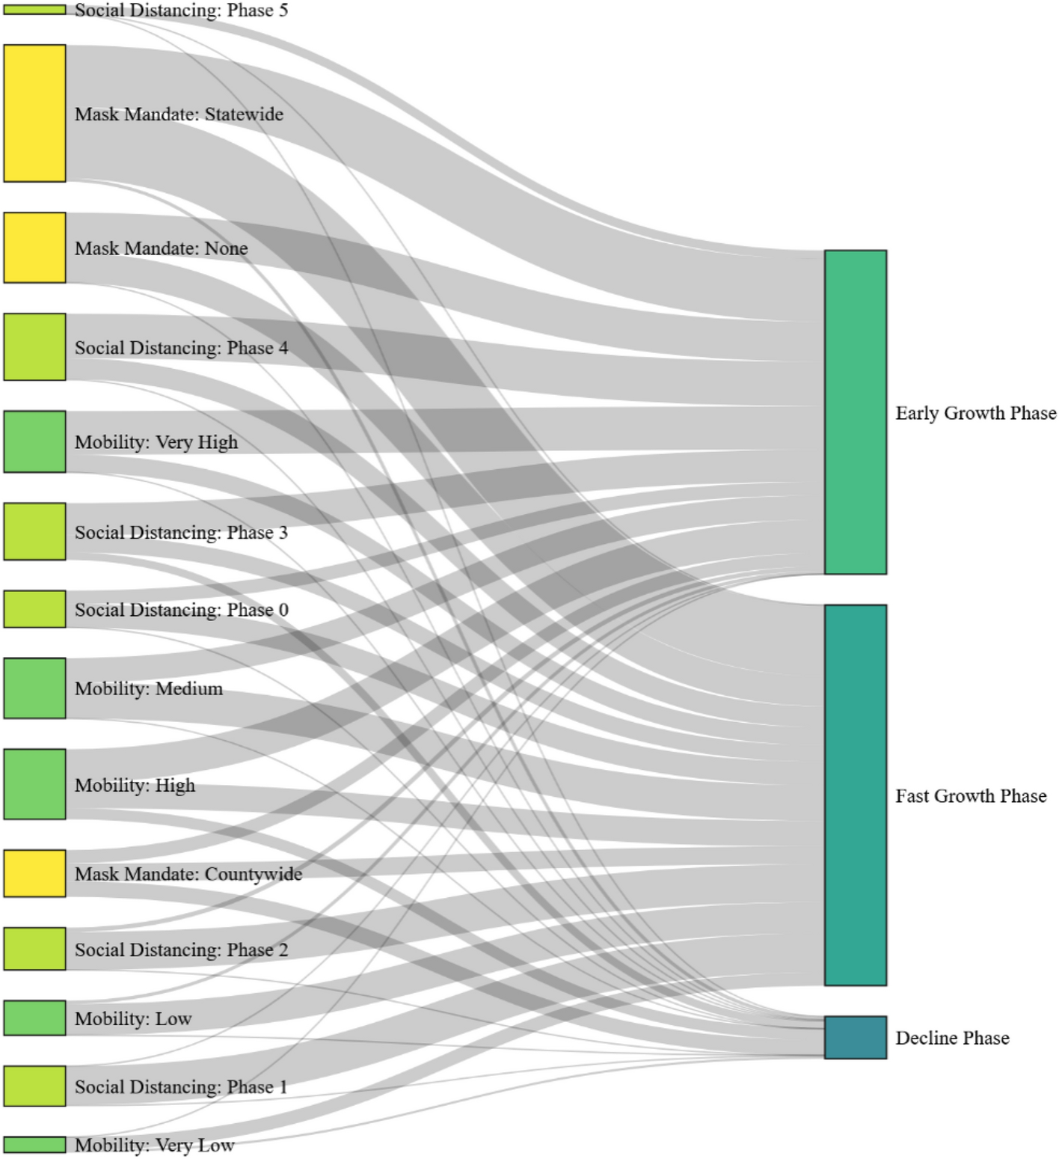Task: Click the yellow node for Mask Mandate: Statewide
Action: point(34,113)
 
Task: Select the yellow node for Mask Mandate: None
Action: point(34,248)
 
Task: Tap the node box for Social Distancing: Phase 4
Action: point(34,347)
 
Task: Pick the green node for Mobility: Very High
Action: point(34,441)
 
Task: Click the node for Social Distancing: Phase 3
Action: point(34,531)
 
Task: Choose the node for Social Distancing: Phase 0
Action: point(34,609)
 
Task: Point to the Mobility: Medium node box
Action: point(34,688)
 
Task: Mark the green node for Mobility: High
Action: point(34,784)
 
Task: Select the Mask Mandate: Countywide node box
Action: point(34,873)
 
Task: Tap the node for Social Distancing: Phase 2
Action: point(34,949)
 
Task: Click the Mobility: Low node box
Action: point(34,1018)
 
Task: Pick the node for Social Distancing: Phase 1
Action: point(34,1086)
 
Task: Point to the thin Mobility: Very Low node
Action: point(34,1145)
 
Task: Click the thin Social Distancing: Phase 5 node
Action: point(34,10)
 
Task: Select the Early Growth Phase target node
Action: point(856,412)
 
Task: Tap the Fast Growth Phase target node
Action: point(856,795)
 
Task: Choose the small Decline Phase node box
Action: point(856,1038)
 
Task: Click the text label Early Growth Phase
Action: point(975,413)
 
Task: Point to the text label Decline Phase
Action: point(952,1038)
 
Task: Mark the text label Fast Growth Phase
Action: point(971,796)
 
